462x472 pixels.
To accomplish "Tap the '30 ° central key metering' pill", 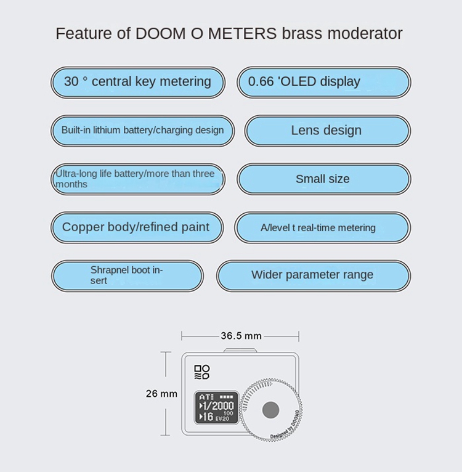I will pyautogui.click(x=137, y=82).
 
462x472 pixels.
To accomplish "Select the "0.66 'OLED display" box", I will pyautogui.click(x=323, y=82).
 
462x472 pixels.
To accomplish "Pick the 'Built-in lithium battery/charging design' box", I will pyautogui.click(x=142, y=131).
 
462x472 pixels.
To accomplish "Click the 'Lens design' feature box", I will pyautogui.click(x=326, y=131).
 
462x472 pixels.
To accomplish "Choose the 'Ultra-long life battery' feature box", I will pyautogui.click(x=137, y=179).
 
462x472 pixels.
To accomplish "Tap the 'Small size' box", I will pyautogui.click(x=323, y=179).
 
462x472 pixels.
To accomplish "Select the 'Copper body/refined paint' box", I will pyautogui.click(x=136, y=227).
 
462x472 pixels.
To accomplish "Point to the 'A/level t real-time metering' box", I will pyautogui.click(x=322, y=227).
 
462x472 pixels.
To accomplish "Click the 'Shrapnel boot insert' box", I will pyautogui.click(x=127, y=275).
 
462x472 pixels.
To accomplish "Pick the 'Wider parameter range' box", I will pyautogui.click(x=312, y=275).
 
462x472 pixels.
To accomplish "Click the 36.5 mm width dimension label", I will pyautogui.click(x=241, y=336).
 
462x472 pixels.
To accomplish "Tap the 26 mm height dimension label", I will pyautogui.click(x=161, y=394).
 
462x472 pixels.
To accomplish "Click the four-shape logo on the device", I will pyautogui.click(x=202, y=372).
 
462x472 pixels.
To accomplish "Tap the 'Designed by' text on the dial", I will pyautogui.click(x=281, y=433).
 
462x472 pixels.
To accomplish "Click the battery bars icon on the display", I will pyautogui.click(x=227, y=396).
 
